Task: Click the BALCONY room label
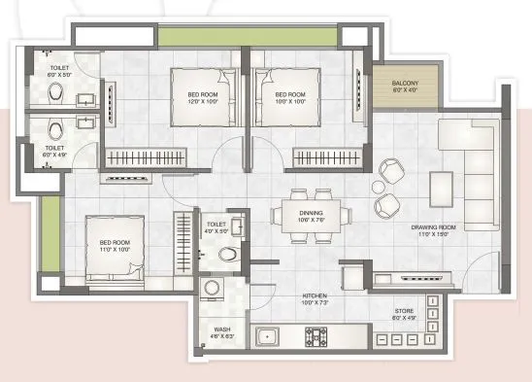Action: coord(405,84)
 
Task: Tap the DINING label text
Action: coord(312,215)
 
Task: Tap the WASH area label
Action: coord(221,330)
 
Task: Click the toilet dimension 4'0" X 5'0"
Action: coord(216,231)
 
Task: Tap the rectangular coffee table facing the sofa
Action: coord(441,184)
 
